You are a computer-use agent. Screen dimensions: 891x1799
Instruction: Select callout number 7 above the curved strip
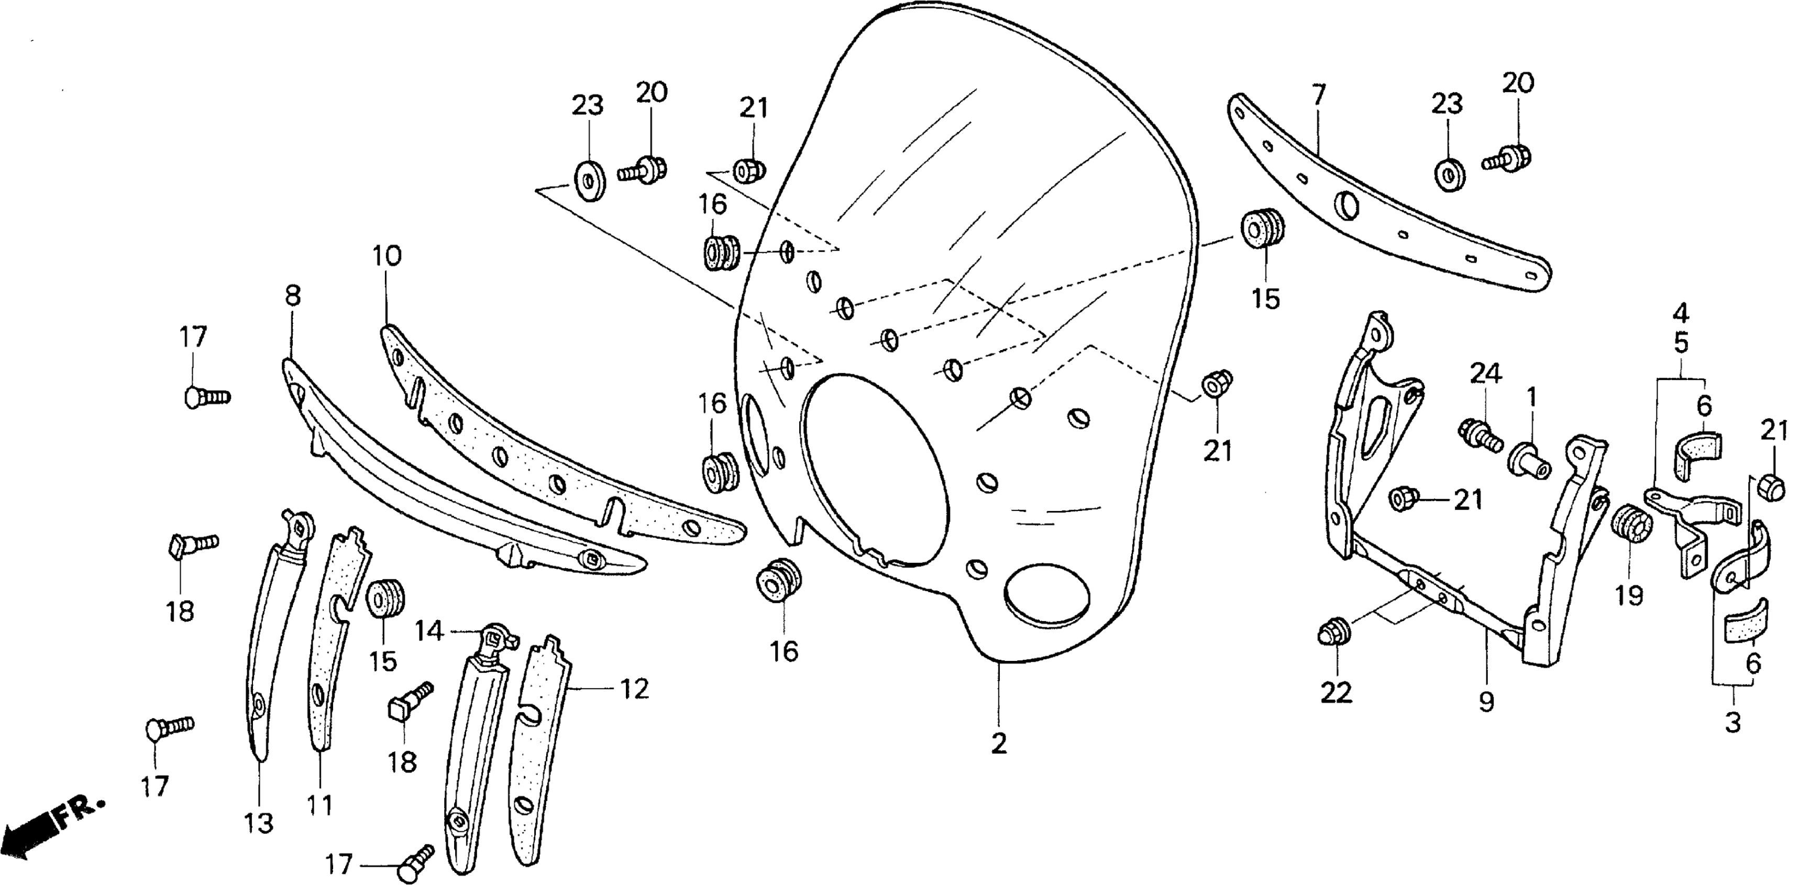click(x=1318, y=95)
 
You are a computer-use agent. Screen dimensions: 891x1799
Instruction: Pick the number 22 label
click(x=1336, y=692)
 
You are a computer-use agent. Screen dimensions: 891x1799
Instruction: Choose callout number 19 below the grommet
click(x=1629, y=595)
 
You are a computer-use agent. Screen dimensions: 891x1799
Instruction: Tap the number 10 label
click(x=387, y=256)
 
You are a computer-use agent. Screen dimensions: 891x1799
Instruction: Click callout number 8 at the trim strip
click(x=293, y=296)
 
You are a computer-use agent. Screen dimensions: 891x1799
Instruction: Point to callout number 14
click(x=429, y=631)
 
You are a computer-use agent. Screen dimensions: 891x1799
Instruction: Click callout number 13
click(x=258, y=823)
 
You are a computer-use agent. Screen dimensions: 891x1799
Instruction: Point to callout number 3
click(x=1732, y=723)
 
